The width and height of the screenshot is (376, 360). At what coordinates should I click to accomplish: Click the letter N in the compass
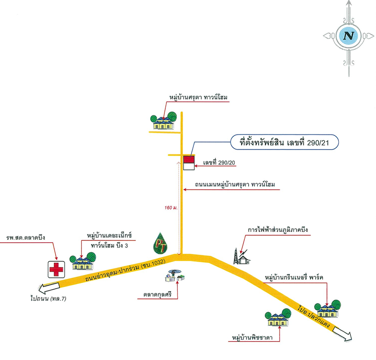click(348, 36)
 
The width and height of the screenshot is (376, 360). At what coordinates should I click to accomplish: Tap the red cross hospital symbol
click(57, 269)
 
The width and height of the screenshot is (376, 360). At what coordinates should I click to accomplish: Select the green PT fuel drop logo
click(160, 243)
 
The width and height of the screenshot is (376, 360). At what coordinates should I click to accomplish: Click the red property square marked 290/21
click(189, 159)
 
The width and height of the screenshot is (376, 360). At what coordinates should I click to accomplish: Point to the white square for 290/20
click(189, 167)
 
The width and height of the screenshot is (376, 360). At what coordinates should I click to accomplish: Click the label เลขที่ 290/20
click(219, 163)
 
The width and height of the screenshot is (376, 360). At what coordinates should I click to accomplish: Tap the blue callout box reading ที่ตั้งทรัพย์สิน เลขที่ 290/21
click(285, 142)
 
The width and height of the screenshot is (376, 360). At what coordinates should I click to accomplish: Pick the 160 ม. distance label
click(171, 208)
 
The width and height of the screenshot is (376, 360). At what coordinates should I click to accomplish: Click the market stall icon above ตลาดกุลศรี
click(175, 275)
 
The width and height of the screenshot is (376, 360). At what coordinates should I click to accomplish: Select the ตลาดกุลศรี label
click(157, 294)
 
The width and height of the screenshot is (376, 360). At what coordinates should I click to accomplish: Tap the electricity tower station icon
click(241, 256)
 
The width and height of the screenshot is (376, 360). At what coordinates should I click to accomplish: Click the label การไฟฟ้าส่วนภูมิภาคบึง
click(278, 230)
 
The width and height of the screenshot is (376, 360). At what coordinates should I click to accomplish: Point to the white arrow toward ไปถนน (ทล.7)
click(49, 288)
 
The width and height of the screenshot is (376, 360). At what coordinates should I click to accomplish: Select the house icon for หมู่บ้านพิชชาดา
click(278, 317)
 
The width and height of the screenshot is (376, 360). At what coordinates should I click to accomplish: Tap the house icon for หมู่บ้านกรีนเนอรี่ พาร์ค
click(328, 309)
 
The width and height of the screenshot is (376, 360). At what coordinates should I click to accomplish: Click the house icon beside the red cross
click(83, 261)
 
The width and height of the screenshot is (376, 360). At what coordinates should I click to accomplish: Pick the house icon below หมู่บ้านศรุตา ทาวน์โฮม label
click(164, 121)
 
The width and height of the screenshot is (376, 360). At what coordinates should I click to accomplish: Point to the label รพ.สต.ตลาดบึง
click(26, 237)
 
